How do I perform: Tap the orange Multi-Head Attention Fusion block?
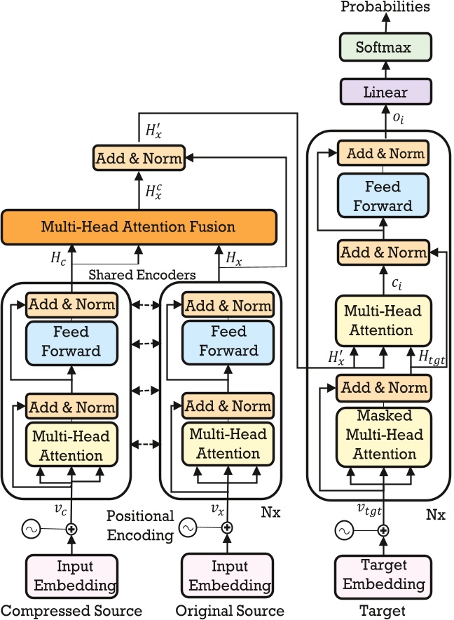[x=138, y=227]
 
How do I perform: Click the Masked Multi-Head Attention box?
[x=383, y=434]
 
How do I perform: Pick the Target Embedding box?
[x=383, y=575]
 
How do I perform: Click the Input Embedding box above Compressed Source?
[x=71, y=575]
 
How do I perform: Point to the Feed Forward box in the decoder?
[x=383, y=196]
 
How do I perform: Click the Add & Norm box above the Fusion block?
[x=138, y=159]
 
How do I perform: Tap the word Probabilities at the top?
[x=385, y=8]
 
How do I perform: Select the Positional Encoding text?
[x=140, y=525]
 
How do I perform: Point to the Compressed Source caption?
[x=71, y=610]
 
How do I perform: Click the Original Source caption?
[x=230, y=610]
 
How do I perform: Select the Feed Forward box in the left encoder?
[x=71, y=341]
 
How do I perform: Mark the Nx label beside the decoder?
[x=435, y=514]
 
